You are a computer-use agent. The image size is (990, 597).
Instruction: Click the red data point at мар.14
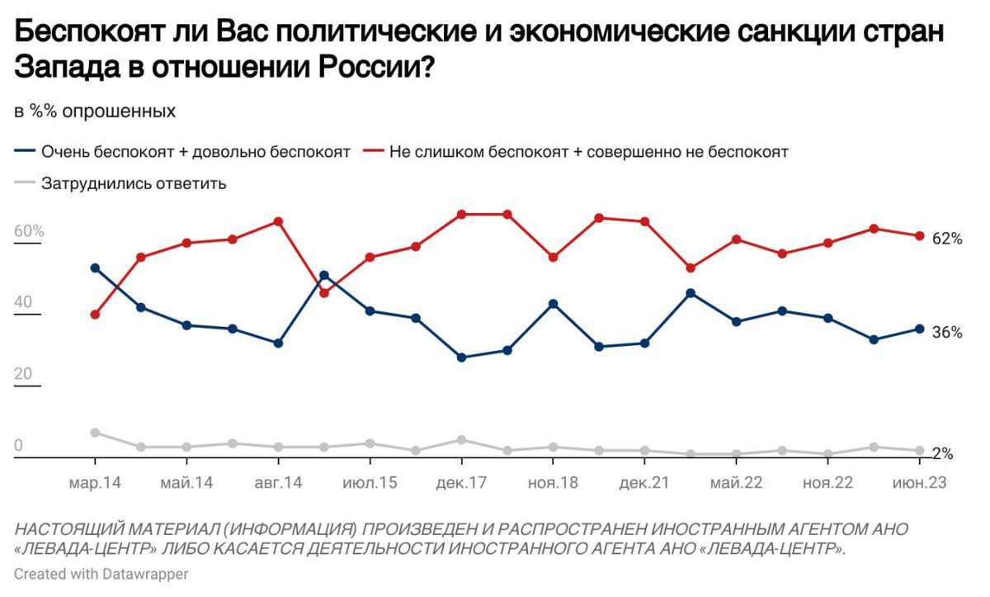coord(95,315)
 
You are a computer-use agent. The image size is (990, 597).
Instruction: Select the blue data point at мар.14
coord(95,268)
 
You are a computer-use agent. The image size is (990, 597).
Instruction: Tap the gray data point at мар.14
coord(95,433)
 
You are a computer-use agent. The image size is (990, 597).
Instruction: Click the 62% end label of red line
coord(947,239)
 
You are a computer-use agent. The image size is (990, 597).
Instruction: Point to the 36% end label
coord(947,333)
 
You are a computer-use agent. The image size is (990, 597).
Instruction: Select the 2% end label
coord(942,453)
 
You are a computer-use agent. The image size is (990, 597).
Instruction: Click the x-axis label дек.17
coord(462,483)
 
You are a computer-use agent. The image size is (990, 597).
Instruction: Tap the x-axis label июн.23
coord(919,483)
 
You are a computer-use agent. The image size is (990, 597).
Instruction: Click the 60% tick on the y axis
coord(29,231)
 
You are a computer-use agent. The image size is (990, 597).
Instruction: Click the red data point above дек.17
coord(462,215)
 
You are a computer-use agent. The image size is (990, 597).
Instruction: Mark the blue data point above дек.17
coord(462,358)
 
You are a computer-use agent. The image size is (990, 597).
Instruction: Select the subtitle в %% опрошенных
coord(95,111)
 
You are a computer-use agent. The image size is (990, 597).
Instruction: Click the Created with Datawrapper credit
coord(101,573)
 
